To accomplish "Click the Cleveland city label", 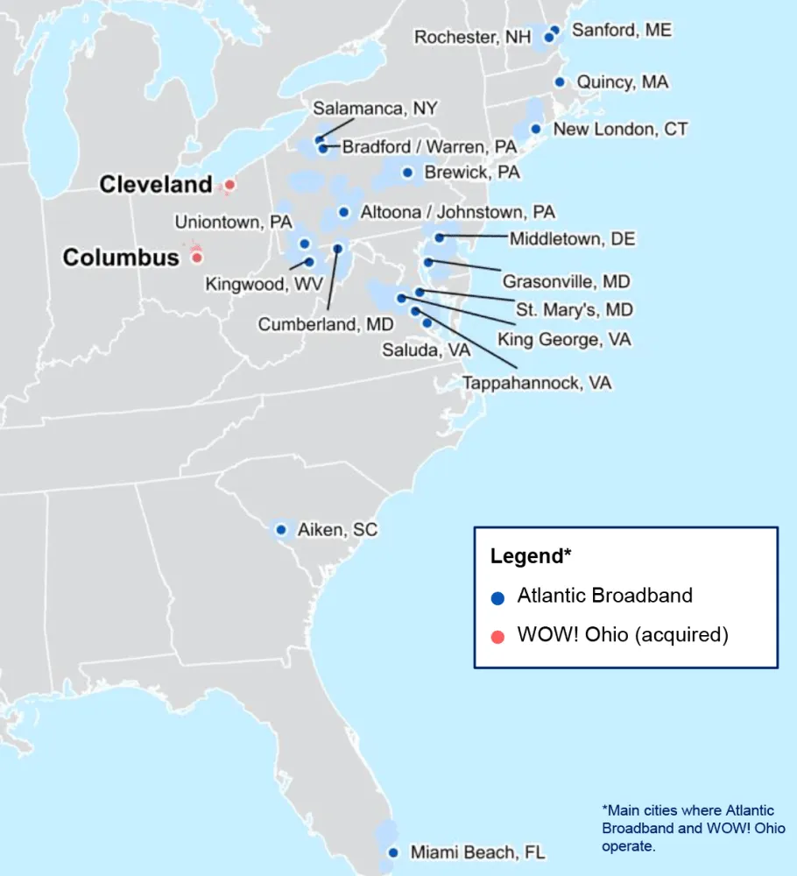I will click(155, 185).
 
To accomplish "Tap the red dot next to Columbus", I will click(198, 258).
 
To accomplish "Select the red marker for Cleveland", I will click(229, 185).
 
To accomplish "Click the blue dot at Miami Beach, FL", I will click(392, 852).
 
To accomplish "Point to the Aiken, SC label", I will click(337, 530).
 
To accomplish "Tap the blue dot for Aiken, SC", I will click(281, 530).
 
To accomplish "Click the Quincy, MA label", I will click(622, 82).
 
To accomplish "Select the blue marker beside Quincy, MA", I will click(560, 82).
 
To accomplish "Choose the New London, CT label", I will click(620, 130).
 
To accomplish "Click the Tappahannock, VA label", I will click(537, 384).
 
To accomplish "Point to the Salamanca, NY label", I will click(375, 109).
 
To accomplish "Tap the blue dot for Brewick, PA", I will click(407, 173).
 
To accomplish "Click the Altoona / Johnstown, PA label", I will click(457, 212).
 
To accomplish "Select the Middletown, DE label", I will click(573, 239).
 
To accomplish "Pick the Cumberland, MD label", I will click(326, 325).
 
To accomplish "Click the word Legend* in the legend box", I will click(531, 556).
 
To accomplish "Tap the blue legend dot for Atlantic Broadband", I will click(497, 598).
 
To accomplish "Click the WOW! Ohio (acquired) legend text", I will click(623, 635).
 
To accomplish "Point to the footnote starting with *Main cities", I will click(693, 829).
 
